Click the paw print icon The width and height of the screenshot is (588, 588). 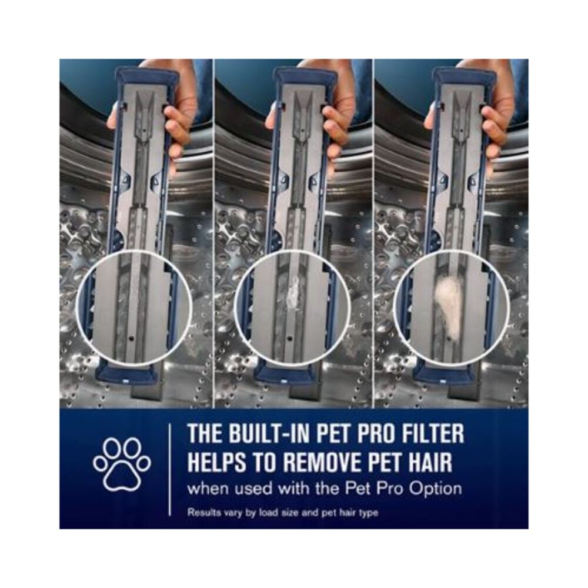(122, 463)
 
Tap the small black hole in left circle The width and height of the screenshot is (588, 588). (129, 339)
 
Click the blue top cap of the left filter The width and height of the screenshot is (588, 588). (146, 75)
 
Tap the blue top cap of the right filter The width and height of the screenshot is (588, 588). (464, 75)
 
